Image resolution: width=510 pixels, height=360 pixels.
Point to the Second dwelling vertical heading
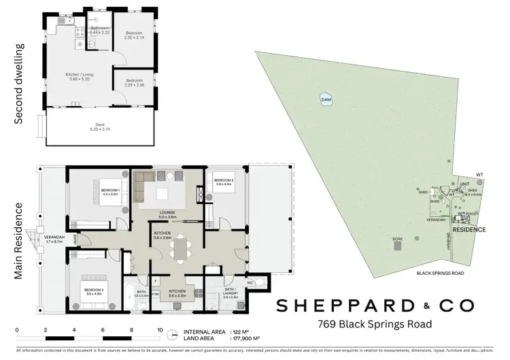18,84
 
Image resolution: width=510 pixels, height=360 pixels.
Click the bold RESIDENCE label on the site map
469,230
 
